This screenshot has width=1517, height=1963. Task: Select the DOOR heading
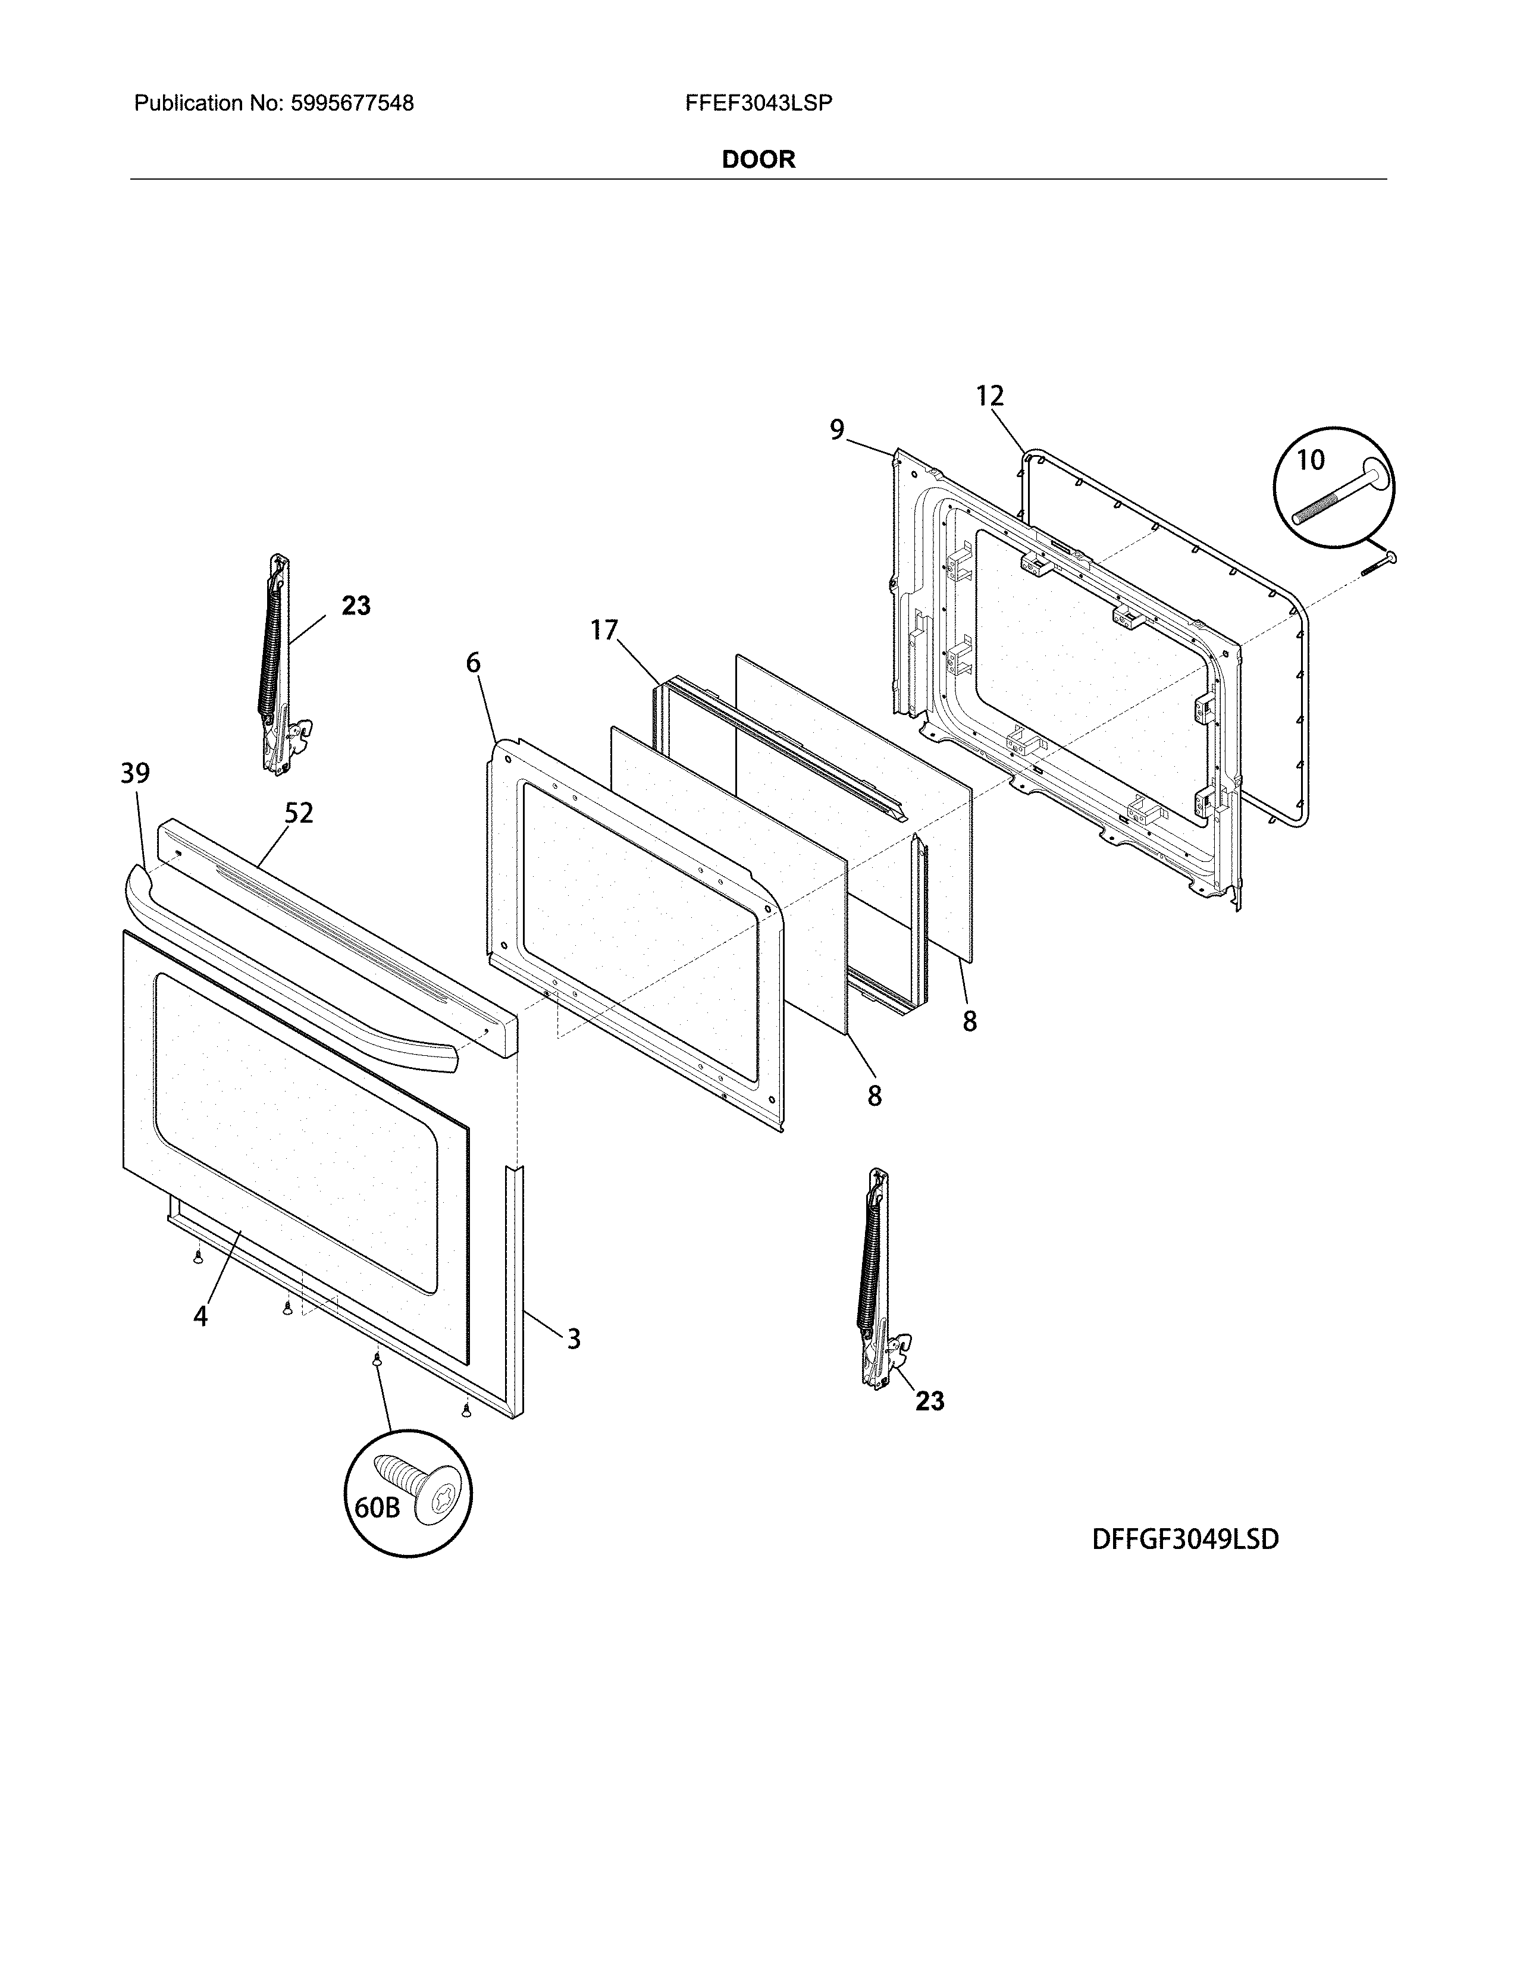tap(758, 160)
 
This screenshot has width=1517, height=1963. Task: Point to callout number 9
tap(836, 431)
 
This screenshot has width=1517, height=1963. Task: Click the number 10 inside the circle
tap(1311, 460)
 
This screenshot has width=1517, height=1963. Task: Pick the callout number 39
tap(136, 773)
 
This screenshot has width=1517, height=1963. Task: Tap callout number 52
tap(299, 813)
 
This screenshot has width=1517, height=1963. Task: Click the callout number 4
tap(200, 1317)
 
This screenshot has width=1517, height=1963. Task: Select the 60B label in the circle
tap(377, 1507)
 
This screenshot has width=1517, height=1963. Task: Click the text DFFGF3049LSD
tap(1184, 1539)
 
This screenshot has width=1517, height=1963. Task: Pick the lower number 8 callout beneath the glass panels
tap(875, 1096)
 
